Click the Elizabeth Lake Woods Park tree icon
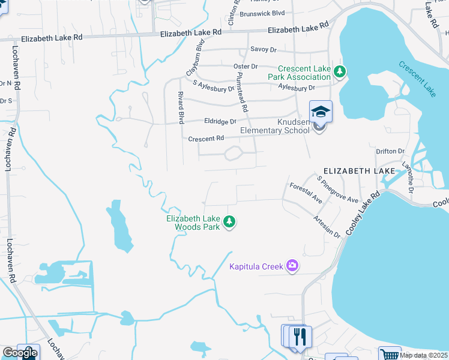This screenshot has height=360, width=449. click(x=229, y=222)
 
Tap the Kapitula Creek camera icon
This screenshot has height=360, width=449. click(x=292, y=265)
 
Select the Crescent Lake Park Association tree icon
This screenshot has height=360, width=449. click(x=340, y=72)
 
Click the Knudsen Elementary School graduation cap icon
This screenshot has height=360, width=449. click(x=321, y=111)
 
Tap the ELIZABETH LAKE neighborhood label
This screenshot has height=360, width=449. click(x=360, y=171)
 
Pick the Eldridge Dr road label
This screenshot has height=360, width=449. click(x=220, y=121)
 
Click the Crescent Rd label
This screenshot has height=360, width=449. click(x=206, y=139)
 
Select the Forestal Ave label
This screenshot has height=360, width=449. click(x=306, y=193)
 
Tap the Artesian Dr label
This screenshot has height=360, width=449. click(x=327, y=227)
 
